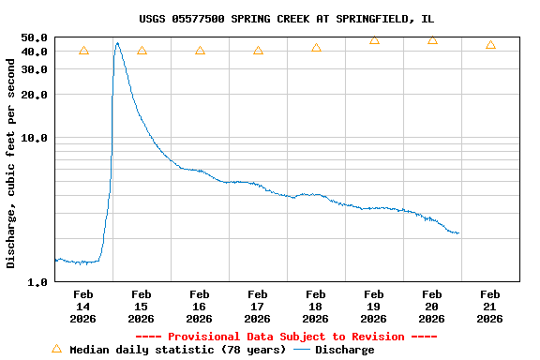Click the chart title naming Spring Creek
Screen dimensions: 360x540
click(286, 19)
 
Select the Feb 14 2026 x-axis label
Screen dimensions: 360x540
click(82, 307)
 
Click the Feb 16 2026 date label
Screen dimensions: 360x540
click(199, 307)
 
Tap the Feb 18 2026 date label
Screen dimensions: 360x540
click(315, 307)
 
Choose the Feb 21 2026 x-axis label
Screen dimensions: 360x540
click(489, 307)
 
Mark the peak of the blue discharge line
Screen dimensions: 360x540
click(117, 42)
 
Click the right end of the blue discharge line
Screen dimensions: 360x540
click(457, 232)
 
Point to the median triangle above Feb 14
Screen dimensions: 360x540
click(83, 51)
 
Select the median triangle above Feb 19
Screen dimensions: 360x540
click(374, 40)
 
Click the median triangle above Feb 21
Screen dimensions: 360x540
click(490, 45)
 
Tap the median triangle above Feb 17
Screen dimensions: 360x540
click(258, 51)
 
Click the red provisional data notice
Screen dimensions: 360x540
click(286, 337)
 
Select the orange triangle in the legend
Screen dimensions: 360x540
click(56, 349)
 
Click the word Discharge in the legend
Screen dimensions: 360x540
click(344, 350)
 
